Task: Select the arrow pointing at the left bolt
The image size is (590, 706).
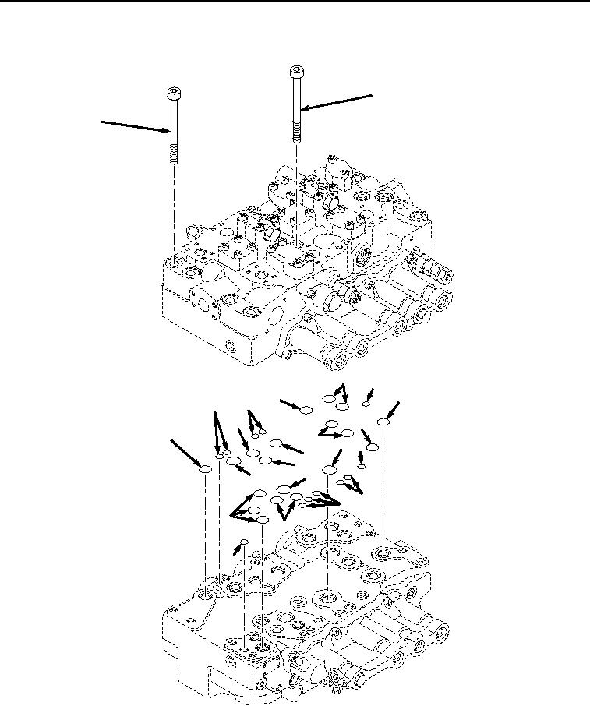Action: tap(132, 126)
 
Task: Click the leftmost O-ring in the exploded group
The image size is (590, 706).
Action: tap(206, 470)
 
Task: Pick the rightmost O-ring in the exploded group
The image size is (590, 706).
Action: tap(383, 422)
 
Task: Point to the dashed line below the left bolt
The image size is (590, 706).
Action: tap(174, 210)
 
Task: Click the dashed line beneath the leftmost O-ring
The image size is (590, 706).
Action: tap(206, 530)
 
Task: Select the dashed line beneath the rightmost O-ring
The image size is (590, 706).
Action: tap(383, 483)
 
